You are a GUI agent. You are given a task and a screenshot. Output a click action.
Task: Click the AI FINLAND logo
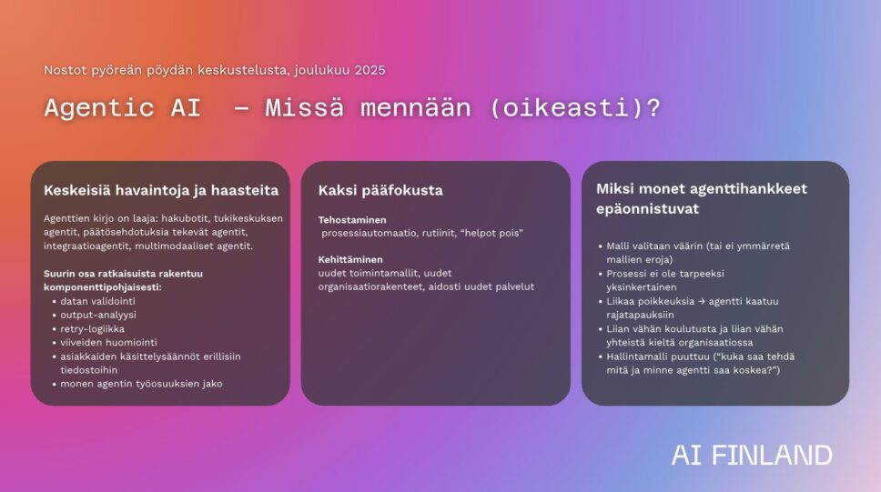tap(752, 455)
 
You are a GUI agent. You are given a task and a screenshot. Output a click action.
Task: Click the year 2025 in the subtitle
tap(370, 70)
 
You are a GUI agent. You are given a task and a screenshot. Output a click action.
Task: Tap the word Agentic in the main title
tap(99, 107)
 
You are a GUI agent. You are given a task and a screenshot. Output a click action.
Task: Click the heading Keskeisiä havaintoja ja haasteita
tap(161, 190)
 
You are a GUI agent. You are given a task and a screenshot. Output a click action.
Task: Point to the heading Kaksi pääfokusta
tap(380, 190)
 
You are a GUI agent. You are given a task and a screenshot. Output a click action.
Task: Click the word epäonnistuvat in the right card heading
tap(647, 209)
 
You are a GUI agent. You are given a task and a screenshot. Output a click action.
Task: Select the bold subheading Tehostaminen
tap(352, 220)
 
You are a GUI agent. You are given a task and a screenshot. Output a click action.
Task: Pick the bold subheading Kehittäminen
tap(350, 259)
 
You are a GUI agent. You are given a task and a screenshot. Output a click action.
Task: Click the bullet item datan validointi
tap(97, 301)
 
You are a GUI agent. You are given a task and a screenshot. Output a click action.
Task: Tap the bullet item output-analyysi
tap(98, 315)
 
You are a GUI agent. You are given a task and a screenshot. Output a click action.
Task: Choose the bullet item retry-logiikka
tap(92, 328)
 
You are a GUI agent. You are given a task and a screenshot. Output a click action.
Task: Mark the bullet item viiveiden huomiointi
tap(108, 342)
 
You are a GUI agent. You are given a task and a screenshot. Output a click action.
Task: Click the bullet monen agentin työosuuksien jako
tap(142, 384)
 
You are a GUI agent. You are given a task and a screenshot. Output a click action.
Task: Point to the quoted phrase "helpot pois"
tap(492, 233)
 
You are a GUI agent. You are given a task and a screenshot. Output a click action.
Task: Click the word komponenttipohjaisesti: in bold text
tap(103, 287)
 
